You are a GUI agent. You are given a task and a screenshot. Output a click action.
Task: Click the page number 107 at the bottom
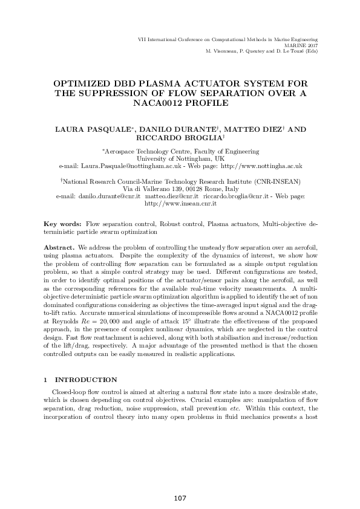pyautogui.click(x=180, y=498)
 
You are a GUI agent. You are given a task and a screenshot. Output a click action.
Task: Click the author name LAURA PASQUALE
pyautogui.click(x=96, y=129)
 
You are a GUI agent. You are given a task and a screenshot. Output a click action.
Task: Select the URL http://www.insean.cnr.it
pyautogui.click(x=179, y=204)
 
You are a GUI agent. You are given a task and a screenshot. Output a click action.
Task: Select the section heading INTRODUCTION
pyautogui.click(x=87, y=380)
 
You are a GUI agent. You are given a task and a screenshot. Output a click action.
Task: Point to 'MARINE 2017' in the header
pyautogui.click(x=301, y=45)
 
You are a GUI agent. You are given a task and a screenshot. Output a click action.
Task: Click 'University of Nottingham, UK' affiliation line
pyautogui.click(x=179, y=158)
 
